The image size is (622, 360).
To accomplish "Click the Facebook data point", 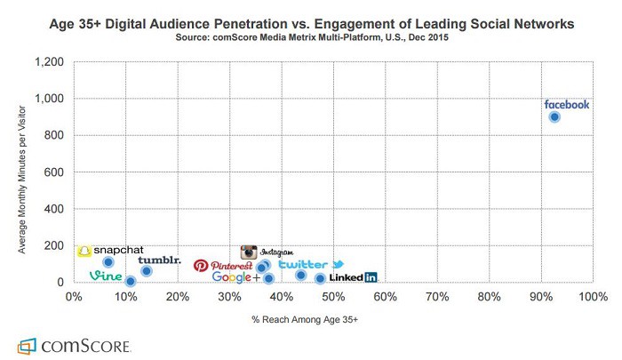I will pyautogui.click(x=554, y=116).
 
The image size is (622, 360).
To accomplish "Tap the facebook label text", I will pyautogui.click(x=566, y=104).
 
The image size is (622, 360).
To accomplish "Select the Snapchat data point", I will pyautogui.click(x=108, y=262).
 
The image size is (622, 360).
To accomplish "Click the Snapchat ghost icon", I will pyautogui.click(x=84, y=252).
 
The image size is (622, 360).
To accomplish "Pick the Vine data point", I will pyautogui.click(x=130, y=282).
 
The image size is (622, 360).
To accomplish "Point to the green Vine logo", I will pyautogui.click(x=106, y=276).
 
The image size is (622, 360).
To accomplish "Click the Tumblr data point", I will pyautogui.click(x=147, y=271).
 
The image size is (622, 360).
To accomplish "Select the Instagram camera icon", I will pyautogui.click(x=250, y=252).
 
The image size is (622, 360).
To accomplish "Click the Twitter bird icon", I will pyautogui.click(x=338, y=265).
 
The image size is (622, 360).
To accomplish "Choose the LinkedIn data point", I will pyautogui.click(x=320, y=279).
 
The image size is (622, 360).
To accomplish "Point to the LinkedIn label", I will pyautogui.click(x=353, y=277).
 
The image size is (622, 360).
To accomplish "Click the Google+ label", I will pyautogui.click(x=235, y=277).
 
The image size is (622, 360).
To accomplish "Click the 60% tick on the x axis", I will pyautogui.click(x=385, y=298).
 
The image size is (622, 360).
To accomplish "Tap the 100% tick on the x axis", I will pyautogui.click(x=592, y=298).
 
